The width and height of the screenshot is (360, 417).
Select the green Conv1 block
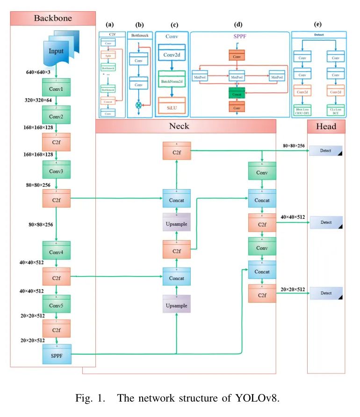coord(56,88)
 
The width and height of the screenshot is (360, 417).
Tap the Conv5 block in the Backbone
coord(56,304)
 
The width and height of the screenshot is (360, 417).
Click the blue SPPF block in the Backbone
coord(56,355)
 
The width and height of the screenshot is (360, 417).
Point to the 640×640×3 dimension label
coord(42,73)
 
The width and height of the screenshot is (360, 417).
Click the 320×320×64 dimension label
coord(42,101)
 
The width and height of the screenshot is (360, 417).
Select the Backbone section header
coord(52,18)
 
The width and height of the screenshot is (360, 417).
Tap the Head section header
coord(326,126)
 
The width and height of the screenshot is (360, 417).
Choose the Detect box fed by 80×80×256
coord(326,151)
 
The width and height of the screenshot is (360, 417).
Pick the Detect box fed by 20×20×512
coord(326,293)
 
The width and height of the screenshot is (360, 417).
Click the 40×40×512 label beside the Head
coord(293,217)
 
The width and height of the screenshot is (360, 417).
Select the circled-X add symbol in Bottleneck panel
coord(138,106)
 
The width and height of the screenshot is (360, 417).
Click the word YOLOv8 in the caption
coord(258,399)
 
